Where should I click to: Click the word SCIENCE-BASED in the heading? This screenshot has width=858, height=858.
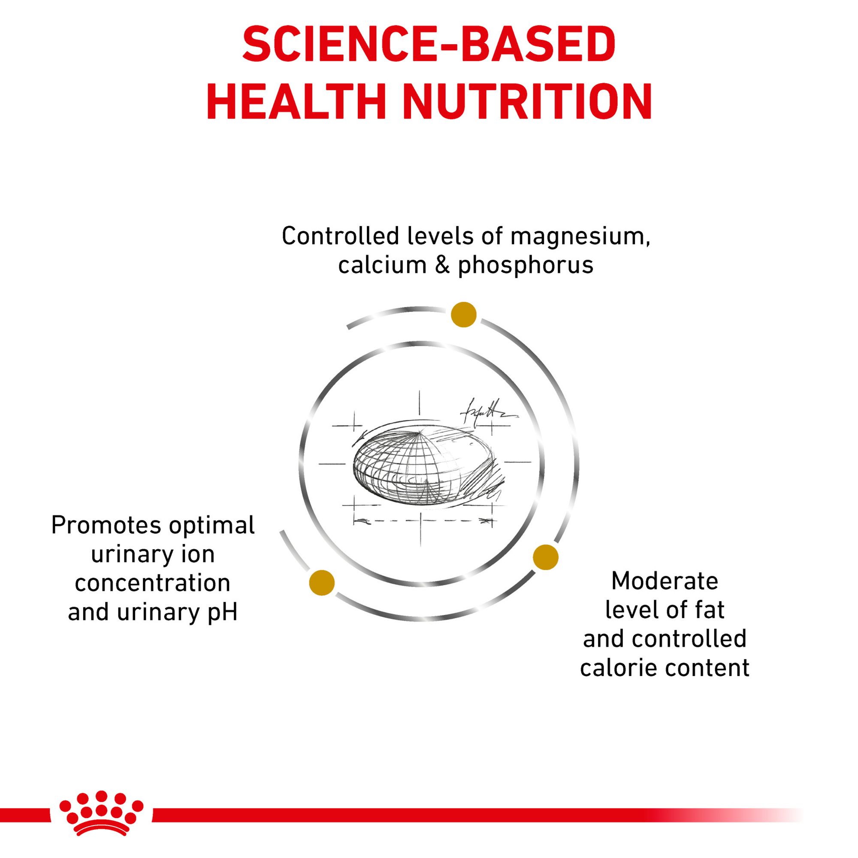pos(429,45)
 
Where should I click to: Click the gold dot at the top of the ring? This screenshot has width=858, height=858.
pos(464,315)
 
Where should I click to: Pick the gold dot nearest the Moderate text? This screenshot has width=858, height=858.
pos(546,557)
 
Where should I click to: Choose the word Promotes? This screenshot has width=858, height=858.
pos(105,526)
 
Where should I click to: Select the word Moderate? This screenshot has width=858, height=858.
pos(665,581)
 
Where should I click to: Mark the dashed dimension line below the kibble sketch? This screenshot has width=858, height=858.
pos(422,520)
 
